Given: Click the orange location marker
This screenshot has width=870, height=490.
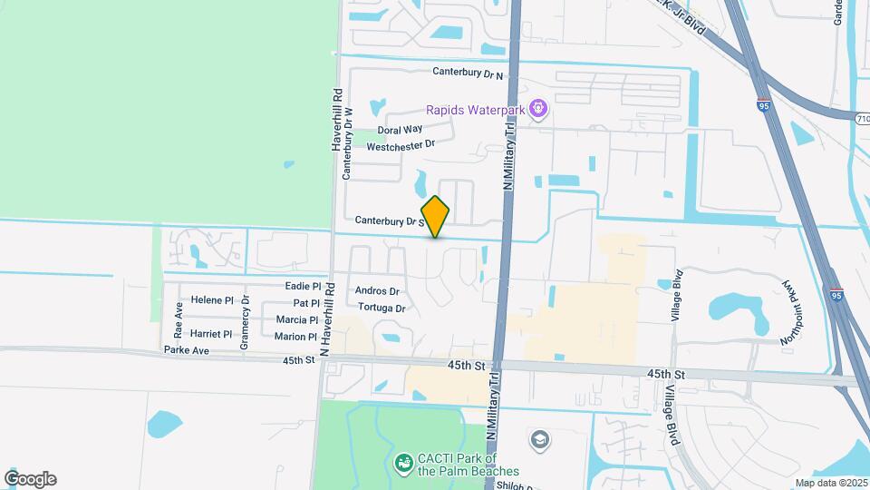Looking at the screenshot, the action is coord(436,216).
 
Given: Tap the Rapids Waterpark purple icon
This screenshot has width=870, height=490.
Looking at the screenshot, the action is coord(539,110).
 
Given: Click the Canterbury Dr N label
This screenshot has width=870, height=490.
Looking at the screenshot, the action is coord(468,72).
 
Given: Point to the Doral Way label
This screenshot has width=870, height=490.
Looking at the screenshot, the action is coord(401,130).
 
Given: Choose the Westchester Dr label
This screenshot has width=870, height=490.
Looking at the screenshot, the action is coord(401,144).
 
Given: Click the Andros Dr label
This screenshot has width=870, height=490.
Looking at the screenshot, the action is coord(378,291).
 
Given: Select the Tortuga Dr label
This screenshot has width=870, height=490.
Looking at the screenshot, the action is coord(382,308).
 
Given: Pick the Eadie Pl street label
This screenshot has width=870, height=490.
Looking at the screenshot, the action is coord(304,286).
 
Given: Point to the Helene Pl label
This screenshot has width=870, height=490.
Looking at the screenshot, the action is coord(212,300).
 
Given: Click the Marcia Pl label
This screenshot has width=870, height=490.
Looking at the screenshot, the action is coord(297,320).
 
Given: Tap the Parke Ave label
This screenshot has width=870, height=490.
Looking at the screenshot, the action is coord(187,350).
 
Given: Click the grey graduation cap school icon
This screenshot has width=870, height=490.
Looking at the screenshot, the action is coord(541,440).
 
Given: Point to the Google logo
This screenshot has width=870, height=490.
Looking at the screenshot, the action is coord(30,479).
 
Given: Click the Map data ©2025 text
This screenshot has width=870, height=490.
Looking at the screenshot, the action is coord(829,483).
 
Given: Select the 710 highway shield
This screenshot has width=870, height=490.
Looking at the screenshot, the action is coord(861,118).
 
